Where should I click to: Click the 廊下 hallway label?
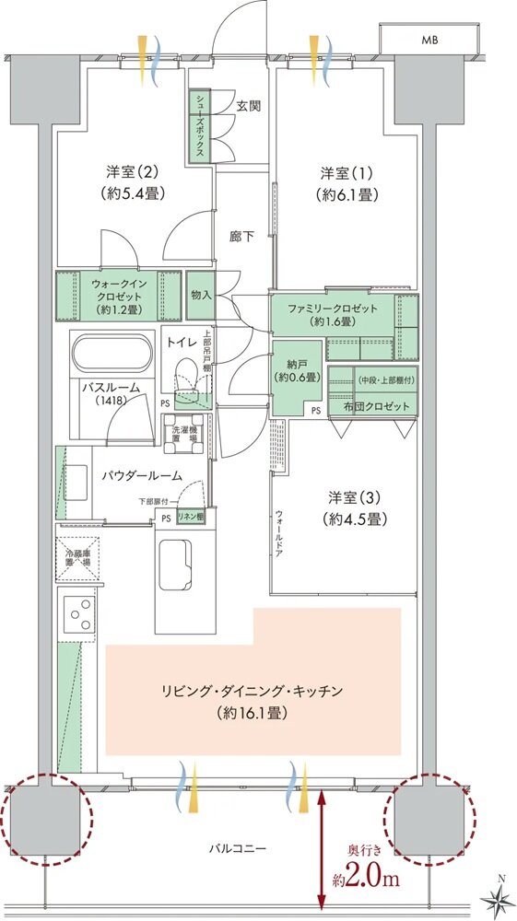[x=242, y=236]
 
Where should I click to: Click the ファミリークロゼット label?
[x=334, y=313]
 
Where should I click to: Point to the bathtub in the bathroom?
[x=110, y=355]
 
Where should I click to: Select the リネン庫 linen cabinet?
[x=191, y=517]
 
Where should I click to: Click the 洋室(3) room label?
[x=349, y=506]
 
